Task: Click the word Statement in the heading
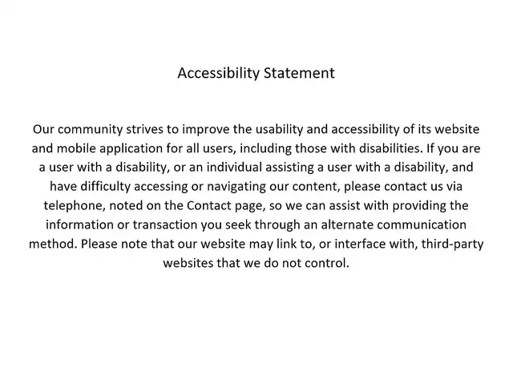(299, 73)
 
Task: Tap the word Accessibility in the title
(218, 74)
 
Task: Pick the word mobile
(76, 148)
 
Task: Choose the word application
(131, 149)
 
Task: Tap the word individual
(234, 168)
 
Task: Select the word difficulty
(105, 187)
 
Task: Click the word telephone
(75, 206)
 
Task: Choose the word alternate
(347, 224)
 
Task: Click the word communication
(422, 224)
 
